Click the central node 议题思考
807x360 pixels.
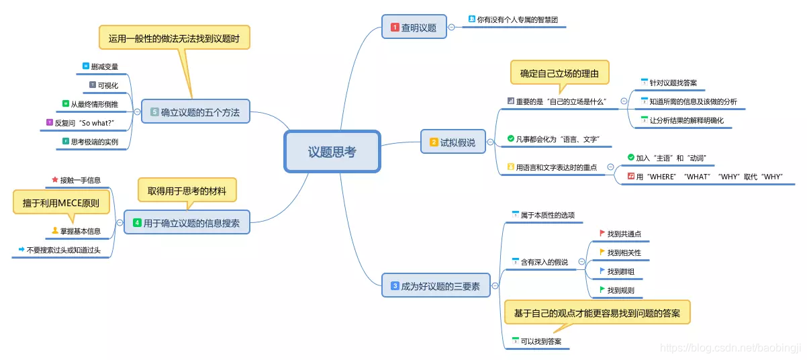332,152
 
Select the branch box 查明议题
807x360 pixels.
414,28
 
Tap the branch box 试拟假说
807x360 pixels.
453,142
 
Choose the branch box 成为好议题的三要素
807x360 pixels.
435,286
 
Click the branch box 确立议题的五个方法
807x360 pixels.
195,111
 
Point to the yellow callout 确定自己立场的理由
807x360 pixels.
559,73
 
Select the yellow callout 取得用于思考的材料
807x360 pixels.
187,191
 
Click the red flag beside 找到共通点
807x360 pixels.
602,233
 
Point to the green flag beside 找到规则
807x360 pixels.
602,290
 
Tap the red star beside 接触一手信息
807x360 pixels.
55,180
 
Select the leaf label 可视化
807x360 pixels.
107,85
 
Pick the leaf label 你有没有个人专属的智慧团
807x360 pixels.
516,19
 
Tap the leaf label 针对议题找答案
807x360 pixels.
673,83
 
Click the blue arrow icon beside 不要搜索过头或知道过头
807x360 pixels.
21,250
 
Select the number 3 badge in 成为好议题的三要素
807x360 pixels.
395,286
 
